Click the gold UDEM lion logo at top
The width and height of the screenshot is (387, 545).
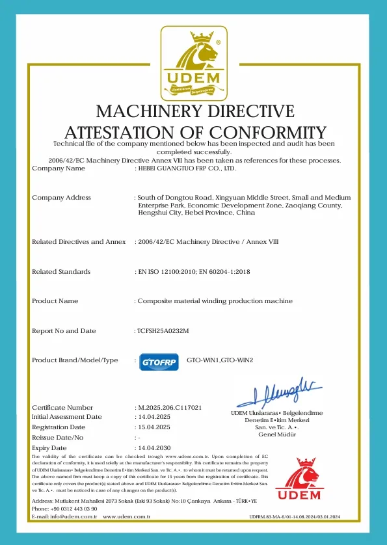tap(194, 62)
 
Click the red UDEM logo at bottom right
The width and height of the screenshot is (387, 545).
tap(298, 480)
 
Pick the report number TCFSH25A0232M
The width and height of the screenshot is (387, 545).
tap(162, 331)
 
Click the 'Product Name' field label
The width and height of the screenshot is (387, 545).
tap(55, 301)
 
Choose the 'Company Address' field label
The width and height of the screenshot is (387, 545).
tap(62, 198)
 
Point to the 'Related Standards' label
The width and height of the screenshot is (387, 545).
tap(61, 271)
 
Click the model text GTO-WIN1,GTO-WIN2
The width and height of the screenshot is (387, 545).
tap(220, 360)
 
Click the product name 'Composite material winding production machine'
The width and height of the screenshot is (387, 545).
tap(214, 301)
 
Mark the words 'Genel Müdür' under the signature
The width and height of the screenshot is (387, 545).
tap(277, 434)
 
